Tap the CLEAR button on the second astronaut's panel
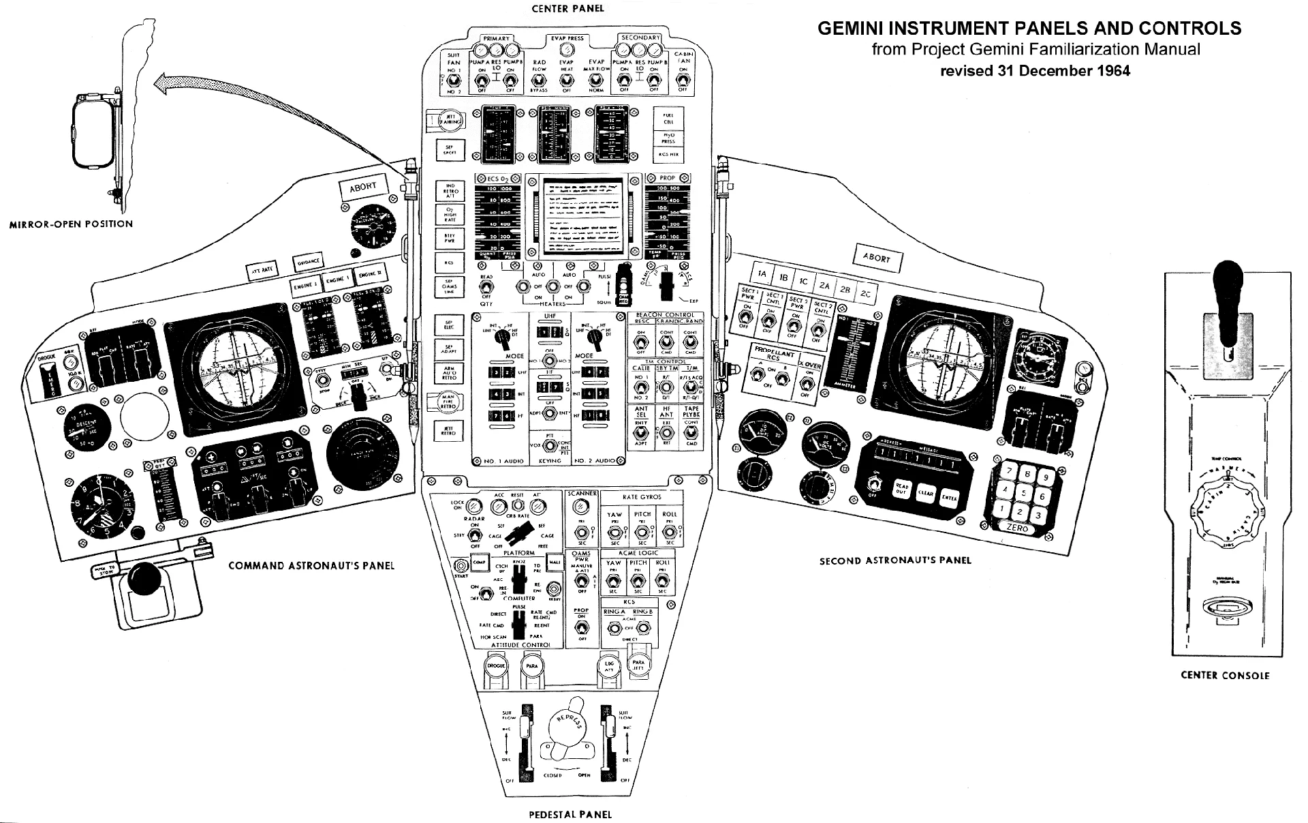pos(924,493)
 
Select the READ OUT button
pos(902,490)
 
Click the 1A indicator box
pos(762,274)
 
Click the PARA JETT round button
pos(638,664)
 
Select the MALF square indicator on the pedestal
pos(554,563)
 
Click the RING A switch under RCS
pos(614,627)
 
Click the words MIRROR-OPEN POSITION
pos(71,224)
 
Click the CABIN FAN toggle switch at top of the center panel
pos(683,80)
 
